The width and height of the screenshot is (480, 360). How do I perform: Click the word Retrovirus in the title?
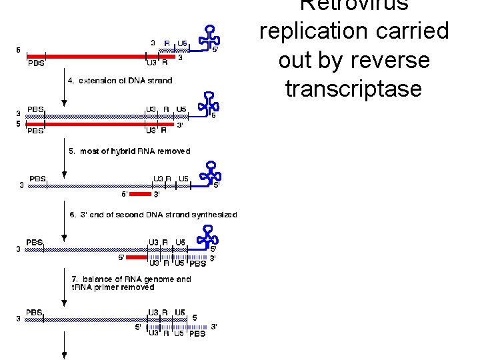(x=354, y=5)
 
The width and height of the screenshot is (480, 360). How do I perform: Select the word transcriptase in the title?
(x=354, y=89)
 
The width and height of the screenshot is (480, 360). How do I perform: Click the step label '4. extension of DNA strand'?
(x=121, y=81)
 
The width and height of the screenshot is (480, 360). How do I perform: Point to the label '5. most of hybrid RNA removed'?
(x=130, y=151)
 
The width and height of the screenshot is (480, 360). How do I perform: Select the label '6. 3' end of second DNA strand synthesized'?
(x=153, y=215)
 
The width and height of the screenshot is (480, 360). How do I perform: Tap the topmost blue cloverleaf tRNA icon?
(x=210, y=37)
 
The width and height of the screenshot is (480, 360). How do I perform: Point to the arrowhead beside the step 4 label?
(x=64, y=103)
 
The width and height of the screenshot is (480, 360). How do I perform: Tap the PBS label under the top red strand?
(x=36, y=64)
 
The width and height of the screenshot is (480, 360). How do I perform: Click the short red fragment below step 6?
(x=136, y=257)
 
